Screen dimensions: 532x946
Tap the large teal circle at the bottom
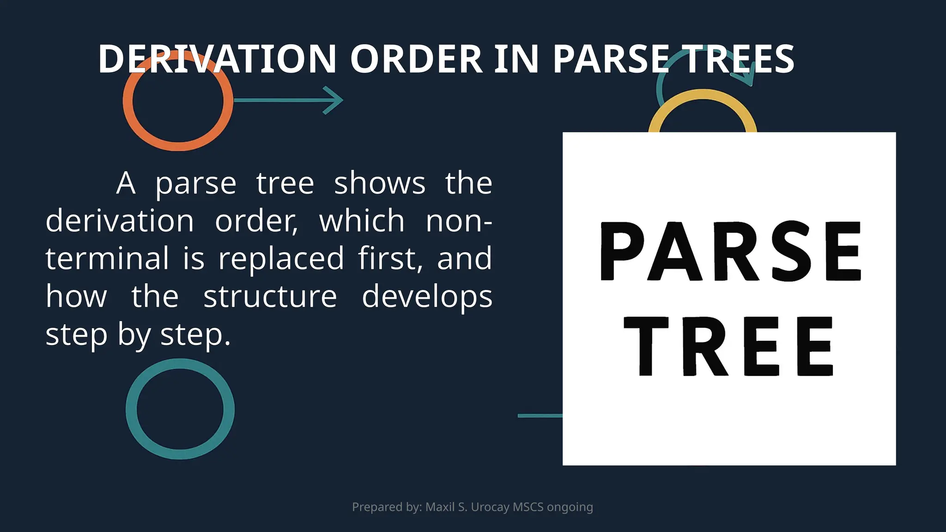(132, 409)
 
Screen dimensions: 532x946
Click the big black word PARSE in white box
(730, 252)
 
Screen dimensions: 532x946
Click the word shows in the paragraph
(379, 183)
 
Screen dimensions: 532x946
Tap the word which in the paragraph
(362, 221)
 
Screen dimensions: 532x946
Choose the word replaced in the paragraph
(281, 259)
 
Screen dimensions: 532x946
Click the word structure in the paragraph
(270, 296)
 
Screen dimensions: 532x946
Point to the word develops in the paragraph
(427, 296)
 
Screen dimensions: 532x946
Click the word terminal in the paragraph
(107, 259)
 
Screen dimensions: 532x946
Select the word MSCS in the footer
(528, 507)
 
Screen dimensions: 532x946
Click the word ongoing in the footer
(570, 507)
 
